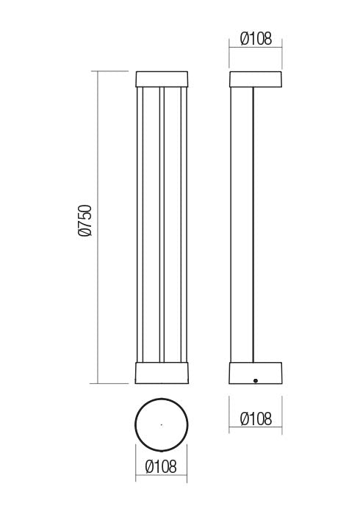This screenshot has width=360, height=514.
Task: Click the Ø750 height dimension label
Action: click(84, 220)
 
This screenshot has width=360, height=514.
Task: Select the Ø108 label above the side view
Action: click(255, 39)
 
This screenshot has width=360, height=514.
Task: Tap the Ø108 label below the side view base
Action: click(255, 419)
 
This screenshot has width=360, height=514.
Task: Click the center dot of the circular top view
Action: click(161, 424)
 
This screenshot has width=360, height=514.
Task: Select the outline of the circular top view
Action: click(135, 424)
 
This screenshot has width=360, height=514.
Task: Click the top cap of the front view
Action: click(162, 79)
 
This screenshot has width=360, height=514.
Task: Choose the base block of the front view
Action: click(162, 373)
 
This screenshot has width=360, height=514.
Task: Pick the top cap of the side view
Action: click(255, 79)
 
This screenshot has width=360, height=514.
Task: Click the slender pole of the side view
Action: click(242, 220)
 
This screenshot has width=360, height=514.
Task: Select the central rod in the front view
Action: click(162, 220)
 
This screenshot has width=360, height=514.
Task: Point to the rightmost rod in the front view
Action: click(184, 220)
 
